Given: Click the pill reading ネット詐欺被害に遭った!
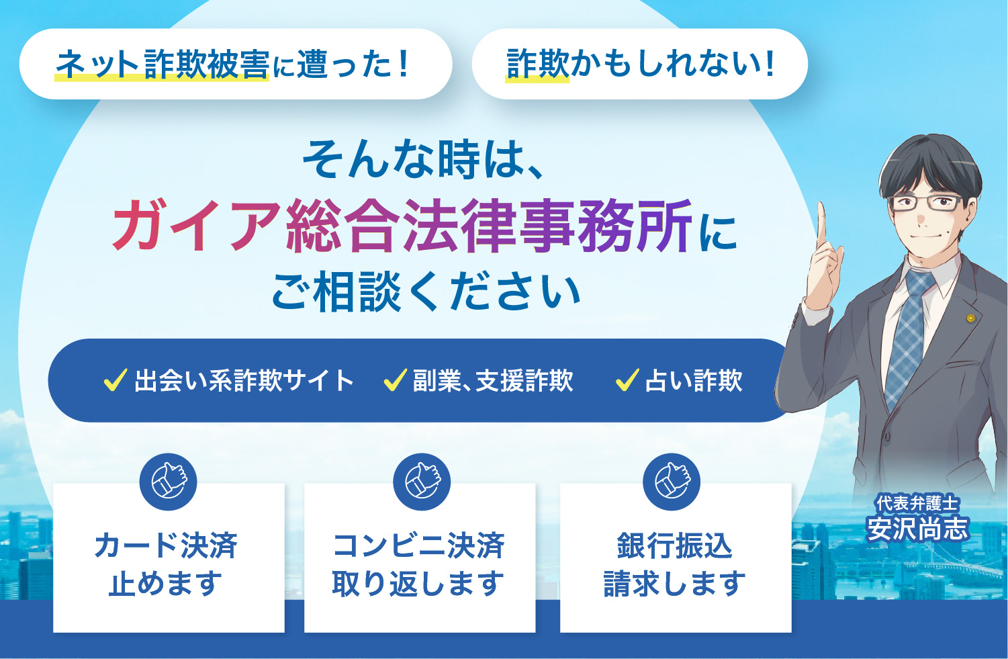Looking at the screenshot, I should click(235, 64).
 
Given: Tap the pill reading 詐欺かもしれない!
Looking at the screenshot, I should click(639, 64).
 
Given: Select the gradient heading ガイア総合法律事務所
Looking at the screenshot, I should click(402, 226).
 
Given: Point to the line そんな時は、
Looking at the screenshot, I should click(423, 160).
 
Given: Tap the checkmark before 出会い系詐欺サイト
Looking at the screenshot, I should click(116, 380).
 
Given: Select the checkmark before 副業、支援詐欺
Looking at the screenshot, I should click(395, 380).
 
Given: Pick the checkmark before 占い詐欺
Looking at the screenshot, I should click(627, 380).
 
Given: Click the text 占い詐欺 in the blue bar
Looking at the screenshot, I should click(694, 381).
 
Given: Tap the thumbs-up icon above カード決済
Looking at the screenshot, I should click(168, 482).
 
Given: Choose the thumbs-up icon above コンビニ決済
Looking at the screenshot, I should click(421, 482).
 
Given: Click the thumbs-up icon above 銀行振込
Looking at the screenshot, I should click(672, 482).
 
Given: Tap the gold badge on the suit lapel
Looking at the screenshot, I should click(970, 318).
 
